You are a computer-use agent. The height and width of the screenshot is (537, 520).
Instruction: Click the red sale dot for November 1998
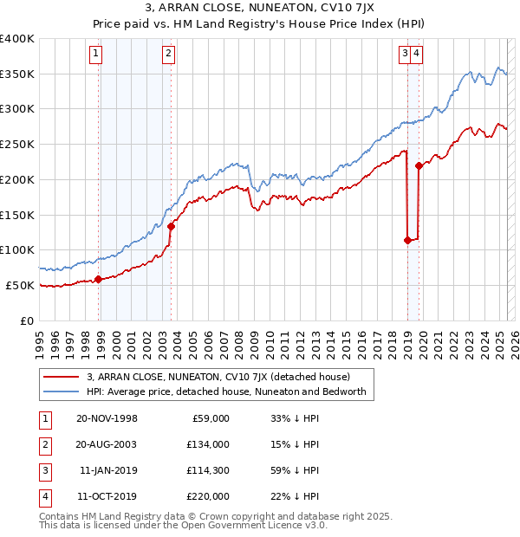coord(98,279)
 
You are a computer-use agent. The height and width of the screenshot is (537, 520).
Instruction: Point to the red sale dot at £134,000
coord(172,226)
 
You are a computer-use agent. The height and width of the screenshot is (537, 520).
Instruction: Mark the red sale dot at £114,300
coord(407,240)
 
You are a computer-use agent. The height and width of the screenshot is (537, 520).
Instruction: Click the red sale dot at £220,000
coord(419,165)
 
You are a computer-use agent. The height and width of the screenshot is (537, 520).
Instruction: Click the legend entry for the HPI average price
coord(226,391)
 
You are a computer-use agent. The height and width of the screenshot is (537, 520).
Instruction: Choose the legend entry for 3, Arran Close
coord(218,377)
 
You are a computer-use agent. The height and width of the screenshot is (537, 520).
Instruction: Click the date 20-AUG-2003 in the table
coord(107,444)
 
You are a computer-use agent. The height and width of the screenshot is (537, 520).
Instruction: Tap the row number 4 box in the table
coord(43,496)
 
